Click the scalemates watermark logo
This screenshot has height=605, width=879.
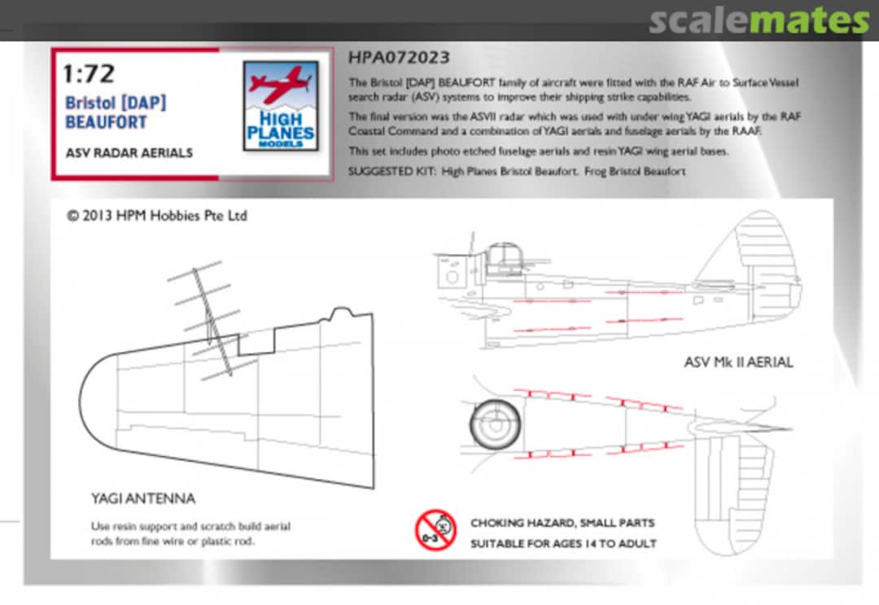[x=759, y=20]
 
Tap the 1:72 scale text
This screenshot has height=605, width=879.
[x=89, y=74]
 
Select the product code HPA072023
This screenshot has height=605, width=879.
[x=398, y=59]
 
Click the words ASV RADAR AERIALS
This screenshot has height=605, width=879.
[x=129, y=153]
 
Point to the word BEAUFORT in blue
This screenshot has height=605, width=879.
[x=106, y=122]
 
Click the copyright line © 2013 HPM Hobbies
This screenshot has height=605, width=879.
[x=156, y=216]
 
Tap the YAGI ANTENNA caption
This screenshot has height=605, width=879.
[x=143, y=498]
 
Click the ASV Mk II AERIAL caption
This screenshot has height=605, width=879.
[x=738, y=362]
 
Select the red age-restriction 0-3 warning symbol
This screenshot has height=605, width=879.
[x=435, y=530]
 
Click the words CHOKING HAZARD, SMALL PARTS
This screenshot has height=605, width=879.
[x=562, y=523]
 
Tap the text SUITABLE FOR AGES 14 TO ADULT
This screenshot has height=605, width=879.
[x=563, y=543]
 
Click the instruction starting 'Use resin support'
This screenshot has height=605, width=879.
[x=190, y=533]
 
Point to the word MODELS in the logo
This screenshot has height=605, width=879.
[x=280, y=143]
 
